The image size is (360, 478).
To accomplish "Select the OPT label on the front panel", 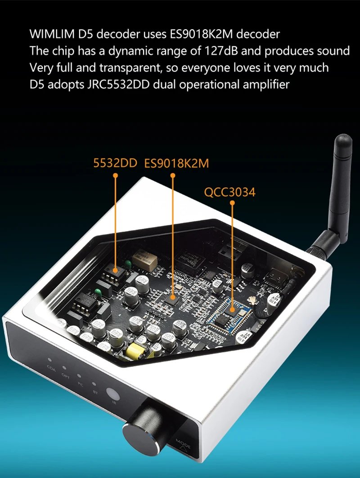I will pyautogui.click(x=66, y=373).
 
